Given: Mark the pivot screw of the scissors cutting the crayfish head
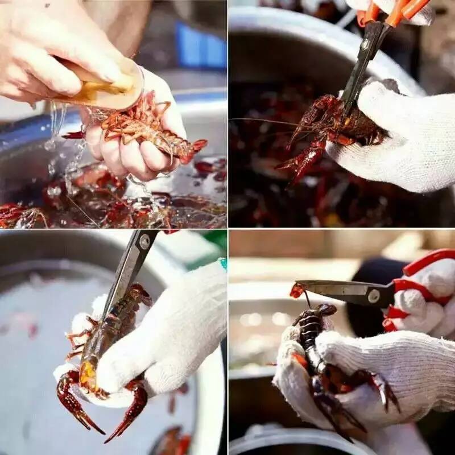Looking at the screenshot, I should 144,242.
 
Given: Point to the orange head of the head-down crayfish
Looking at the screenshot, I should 88,375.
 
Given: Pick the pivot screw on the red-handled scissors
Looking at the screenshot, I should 374,296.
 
